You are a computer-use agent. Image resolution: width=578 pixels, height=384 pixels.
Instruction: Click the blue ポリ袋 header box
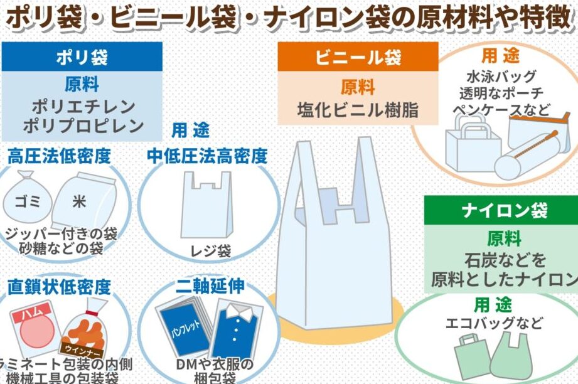point(82,58)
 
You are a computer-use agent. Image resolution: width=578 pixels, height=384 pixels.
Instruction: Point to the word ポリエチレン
point(82,105)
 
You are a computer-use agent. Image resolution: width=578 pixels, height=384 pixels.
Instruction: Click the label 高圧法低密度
point(59,156)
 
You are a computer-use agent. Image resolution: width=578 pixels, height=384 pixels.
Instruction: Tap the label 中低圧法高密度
point(207,156)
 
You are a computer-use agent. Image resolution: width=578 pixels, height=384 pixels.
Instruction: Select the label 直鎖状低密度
point(59,287)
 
